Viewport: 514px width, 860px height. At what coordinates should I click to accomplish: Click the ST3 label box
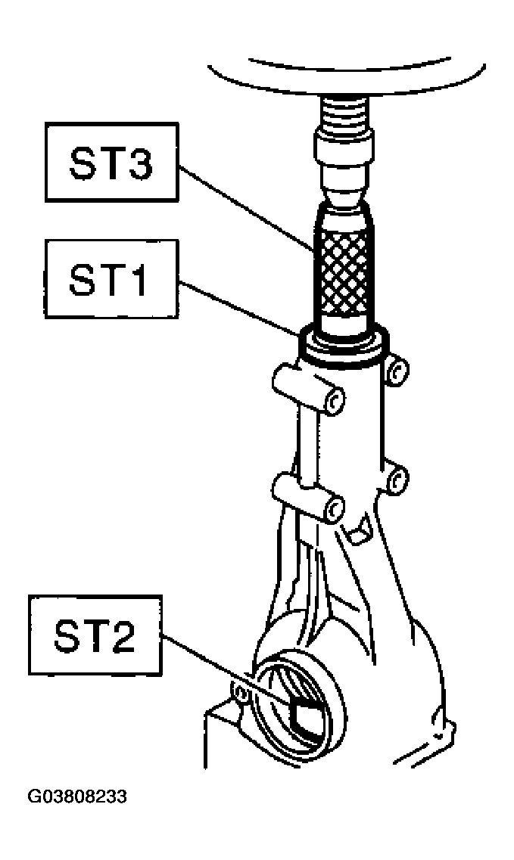(x=112, y=163)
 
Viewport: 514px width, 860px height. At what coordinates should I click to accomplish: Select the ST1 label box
(x=112, y=279)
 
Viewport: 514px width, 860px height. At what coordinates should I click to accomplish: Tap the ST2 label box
(x=95, y=635)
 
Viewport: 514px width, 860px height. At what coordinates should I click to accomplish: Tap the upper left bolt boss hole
(x=333, y=402)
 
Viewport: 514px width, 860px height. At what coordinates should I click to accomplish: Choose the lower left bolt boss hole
(x=333, y=510)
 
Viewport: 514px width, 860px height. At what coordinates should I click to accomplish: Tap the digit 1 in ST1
(x=137, y=279)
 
